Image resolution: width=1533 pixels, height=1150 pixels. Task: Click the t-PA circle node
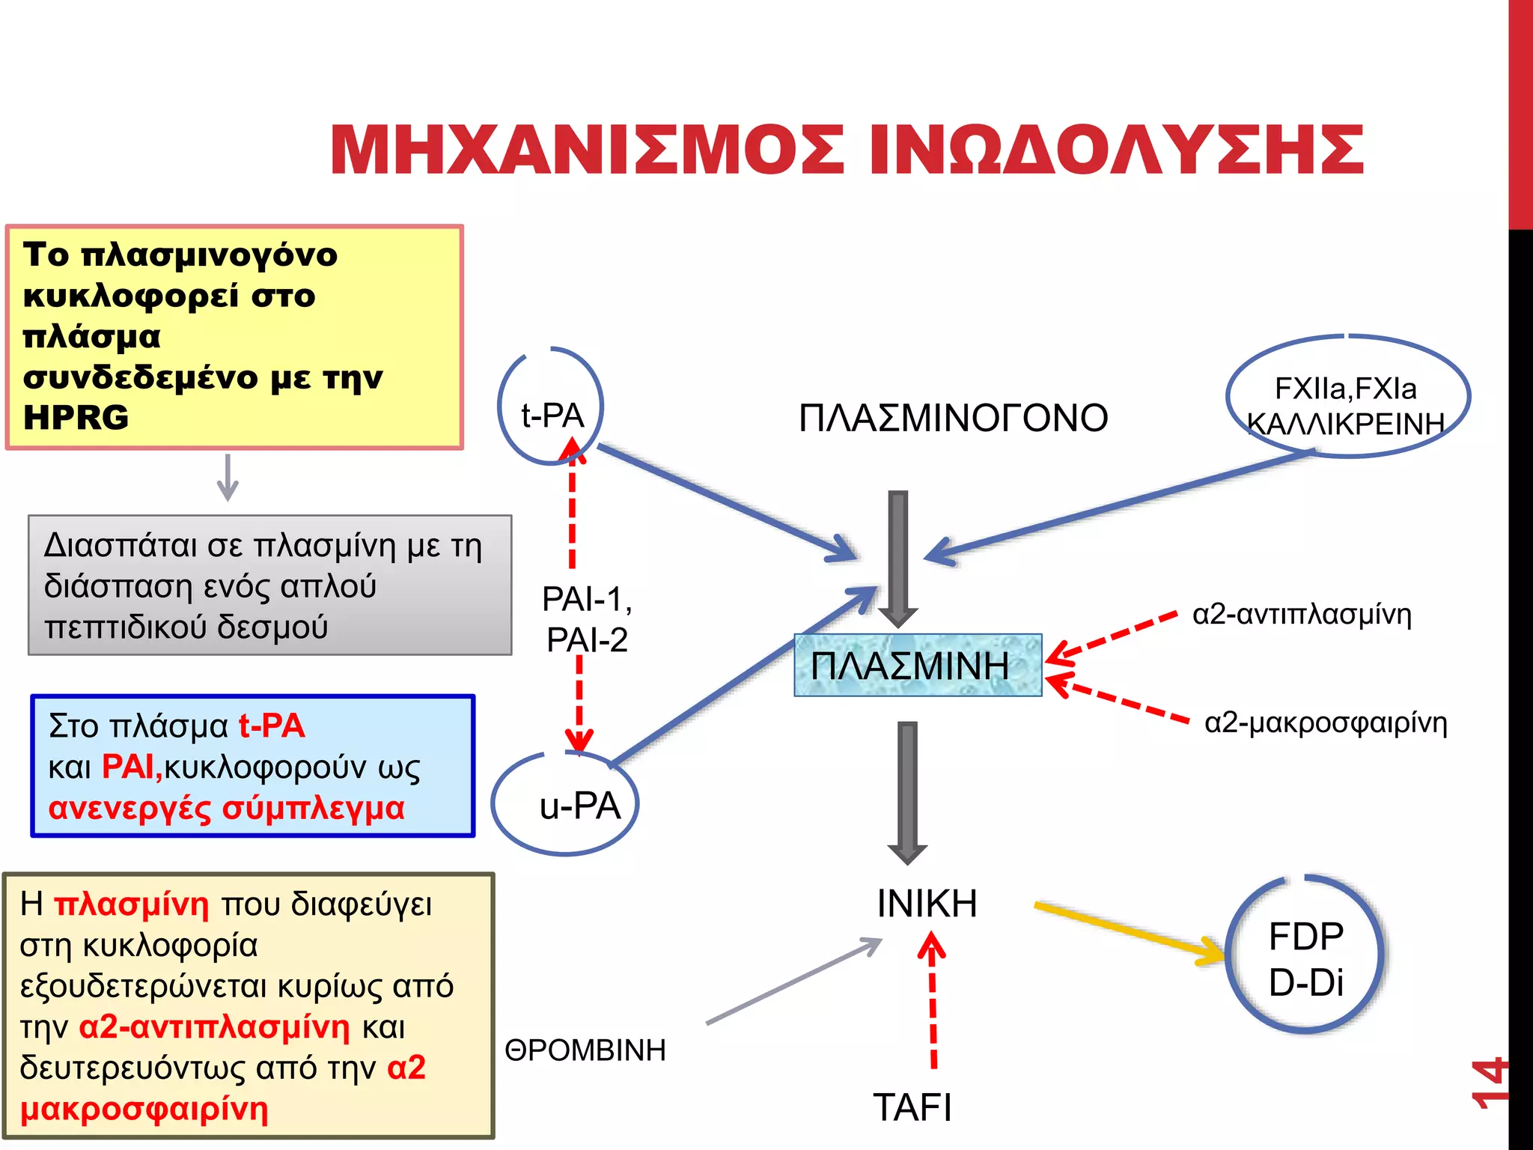(552, 408)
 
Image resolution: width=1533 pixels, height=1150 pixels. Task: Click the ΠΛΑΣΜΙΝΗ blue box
(917, 666)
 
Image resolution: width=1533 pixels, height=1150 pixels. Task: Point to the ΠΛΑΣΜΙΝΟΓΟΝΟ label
(953, 418)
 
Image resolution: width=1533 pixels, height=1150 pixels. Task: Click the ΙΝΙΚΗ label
(927, 904)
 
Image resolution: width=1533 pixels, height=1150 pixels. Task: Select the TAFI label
(912, 1107)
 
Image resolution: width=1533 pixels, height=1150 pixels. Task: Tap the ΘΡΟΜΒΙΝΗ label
(585, 1050)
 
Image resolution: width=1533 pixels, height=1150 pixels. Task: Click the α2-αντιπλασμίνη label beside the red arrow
(1302, 615)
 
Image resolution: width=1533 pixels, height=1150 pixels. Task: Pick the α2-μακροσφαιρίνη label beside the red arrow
(1326, 723)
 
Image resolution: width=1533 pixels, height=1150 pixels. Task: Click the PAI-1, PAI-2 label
(587, 619)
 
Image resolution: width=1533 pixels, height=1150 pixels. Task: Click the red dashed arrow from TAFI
(933, 1003)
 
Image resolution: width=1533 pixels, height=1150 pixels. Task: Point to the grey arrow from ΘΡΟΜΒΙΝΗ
(793, 981)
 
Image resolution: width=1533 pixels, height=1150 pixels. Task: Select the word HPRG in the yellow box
(76, 418)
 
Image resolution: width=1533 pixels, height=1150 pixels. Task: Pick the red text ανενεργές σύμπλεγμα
(226, 808)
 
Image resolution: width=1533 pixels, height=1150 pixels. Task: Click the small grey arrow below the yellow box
(228, 477)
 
